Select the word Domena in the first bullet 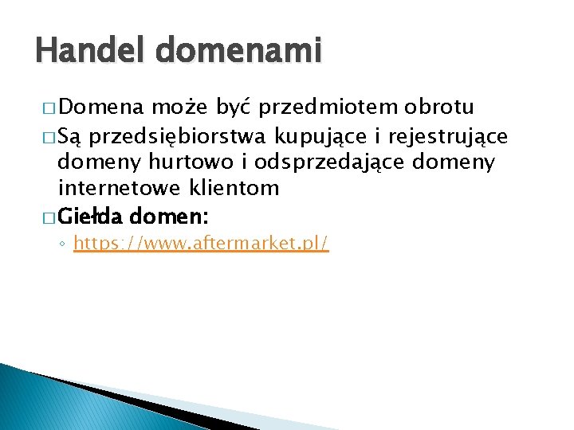point(101,107)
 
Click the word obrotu point(440,107)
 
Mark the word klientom point(238,189)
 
